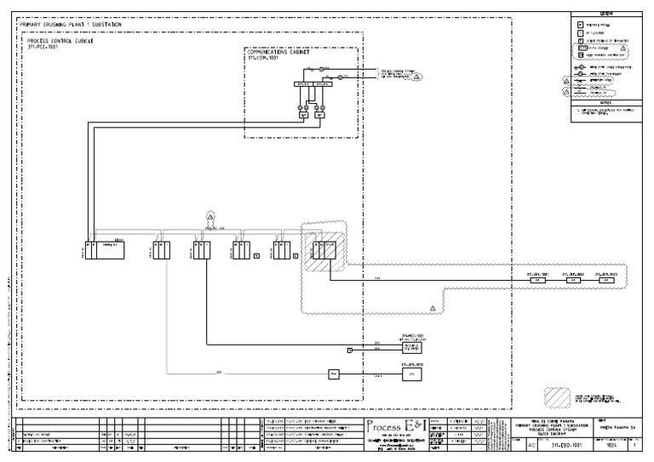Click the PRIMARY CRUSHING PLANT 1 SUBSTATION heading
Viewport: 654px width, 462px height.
click(x=70, y=26)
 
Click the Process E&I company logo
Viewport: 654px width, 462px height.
click(x=394, y=426)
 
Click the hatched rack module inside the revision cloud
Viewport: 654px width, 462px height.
click(x=324, y=250)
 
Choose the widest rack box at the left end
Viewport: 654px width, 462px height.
click(x=108, y=250)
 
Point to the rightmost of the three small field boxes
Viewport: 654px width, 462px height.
click(x=605, y=281)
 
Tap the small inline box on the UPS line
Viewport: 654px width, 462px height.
click(x=334, y=374)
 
